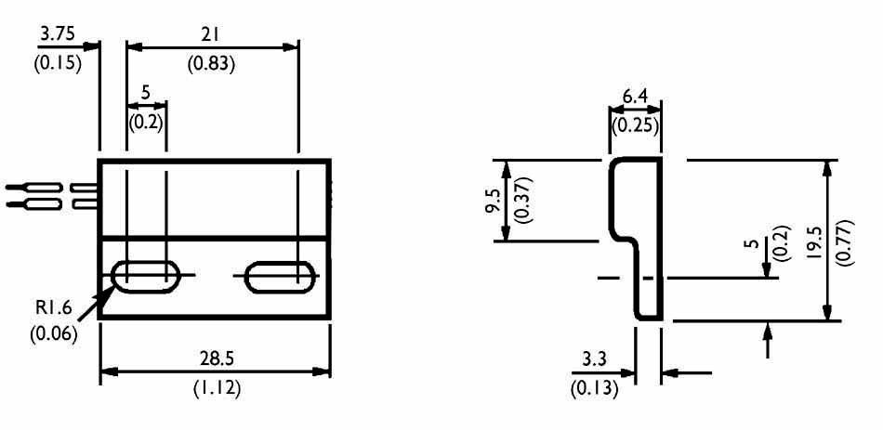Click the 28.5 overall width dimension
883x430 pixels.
coord(215,358)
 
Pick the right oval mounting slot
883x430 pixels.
coord(279,276)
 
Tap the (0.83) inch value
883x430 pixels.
coord(211,64)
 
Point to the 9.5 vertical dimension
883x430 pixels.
coord(491,201)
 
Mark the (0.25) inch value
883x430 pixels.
coord(634,125)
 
